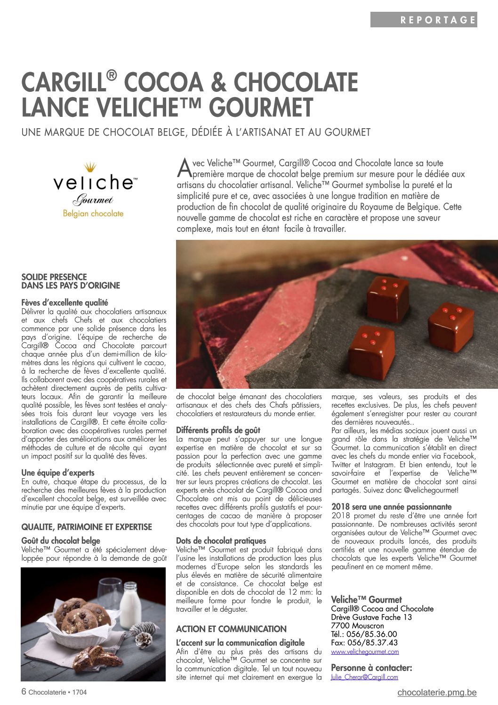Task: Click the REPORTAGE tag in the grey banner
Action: coord(438,20)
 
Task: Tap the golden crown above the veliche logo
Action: coord(90,167)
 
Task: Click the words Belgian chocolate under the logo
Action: coord(93,213)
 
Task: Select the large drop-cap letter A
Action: coord(185,167)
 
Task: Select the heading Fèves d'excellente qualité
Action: coord(64,303)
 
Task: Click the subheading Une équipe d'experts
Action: coord(58,473)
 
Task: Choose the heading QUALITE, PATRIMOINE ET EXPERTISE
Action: coord(87,527)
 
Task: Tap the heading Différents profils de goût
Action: coord(218,430)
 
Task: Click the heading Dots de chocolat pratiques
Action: coord(221,541)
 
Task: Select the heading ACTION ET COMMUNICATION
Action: coord(231,629)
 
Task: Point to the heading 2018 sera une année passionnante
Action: coord(391,507)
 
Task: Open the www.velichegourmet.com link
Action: coord(365,652)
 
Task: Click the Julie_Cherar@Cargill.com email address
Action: coord(364,677)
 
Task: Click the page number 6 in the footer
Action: coord(24,692)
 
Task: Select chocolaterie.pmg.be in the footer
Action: coord(437,692)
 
